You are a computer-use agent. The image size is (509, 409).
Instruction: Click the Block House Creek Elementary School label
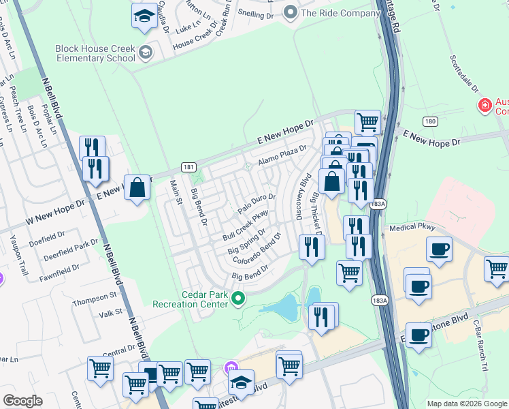tap(95, 53)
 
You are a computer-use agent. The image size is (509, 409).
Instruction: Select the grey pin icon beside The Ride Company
tap(291, 12)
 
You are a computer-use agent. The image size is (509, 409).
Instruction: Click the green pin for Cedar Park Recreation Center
tap(238, 298)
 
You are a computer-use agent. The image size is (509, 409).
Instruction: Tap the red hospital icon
tap(485, 106)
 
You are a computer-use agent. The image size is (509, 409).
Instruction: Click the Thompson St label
tap(95, 299)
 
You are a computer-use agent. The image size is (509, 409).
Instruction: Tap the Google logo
tap(22, 402)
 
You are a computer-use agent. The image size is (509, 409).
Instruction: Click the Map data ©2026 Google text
tap(467, 404)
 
